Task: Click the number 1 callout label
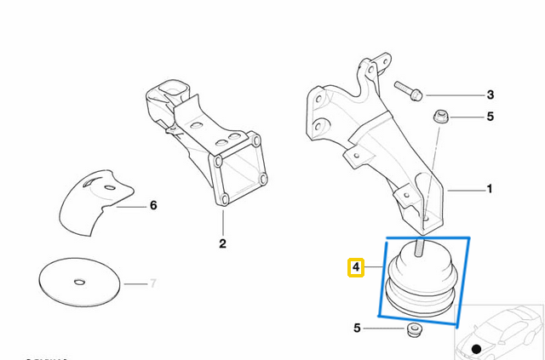[x=489, y=189]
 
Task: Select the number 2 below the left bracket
[x=223, y=244]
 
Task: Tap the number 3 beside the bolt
[x=490, y=94]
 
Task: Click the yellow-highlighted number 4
[x=356, y=269]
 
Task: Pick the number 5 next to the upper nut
[x=490, y=117]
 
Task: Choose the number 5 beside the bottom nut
[x=358, y=327]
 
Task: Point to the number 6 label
[x=153, y=205]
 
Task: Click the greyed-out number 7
[x=153, y=282]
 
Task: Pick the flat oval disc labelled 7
[x=79, y=282]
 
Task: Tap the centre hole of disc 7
[x=78, y=282]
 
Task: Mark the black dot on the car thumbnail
[x=476, y=349]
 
